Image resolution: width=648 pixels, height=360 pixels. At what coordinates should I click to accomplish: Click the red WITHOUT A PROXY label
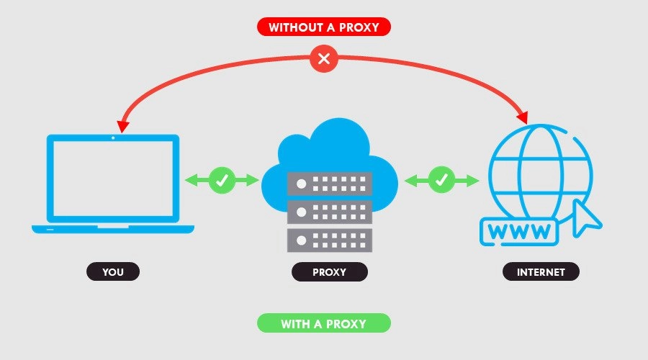coord(323,27)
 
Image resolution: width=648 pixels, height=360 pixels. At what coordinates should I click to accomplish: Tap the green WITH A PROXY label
coord(323,323)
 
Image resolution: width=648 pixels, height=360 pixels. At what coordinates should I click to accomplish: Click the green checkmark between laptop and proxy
coord(222,180)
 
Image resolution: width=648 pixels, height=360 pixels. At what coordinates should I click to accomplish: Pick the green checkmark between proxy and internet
coord(441,180)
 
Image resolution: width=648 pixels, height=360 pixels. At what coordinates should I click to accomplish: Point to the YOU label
coord(113,272)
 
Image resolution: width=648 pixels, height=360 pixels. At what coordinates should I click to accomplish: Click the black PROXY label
coord(329,272)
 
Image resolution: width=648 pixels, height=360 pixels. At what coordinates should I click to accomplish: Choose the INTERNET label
coord(540,272)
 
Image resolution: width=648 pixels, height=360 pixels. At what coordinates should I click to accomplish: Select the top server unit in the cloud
coord(329,183)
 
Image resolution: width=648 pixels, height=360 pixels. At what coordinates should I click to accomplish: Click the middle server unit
coord(329,210)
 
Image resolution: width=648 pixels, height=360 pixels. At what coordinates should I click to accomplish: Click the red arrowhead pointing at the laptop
coord(122,126)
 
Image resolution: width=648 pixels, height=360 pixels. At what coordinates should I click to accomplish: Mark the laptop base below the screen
coord(113,229)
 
